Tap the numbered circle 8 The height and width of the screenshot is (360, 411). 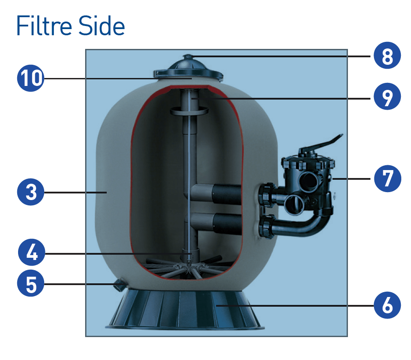click(x=387, y=57)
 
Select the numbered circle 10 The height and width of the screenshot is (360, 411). click(x=30, y=78)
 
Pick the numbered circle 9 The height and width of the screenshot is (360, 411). click(x=387, y=97)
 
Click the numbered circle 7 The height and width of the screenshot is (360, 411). click(x=387, y=178)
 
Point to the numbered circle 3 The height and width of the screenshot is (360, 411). click(x=30, y=192)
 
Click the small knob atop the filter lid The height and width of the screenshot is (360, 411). click(x=188, y=56)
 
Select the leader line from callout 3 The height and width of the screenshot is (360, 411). click(x=75, y=192)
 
